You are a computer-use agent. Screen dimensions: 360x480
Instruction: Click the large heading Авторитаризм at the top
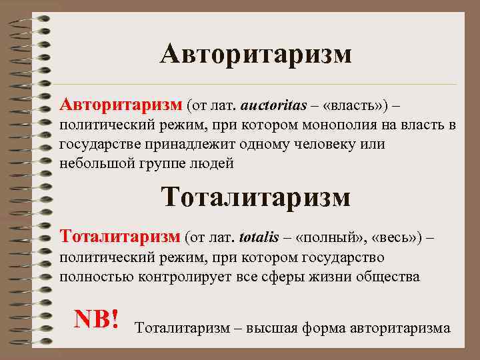point(255,54)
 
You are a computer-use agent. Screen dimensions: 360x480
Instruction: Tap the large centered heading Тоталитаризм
point(255,197)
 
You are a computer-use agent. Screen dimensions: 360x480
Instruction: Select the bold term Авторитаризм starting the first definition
point(120,104)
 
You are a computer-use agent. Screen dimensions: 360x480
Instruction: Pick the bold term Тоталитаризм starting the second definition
point(120,236)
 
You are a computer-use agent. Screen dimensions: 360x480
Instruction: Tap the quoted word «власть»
point(345,105)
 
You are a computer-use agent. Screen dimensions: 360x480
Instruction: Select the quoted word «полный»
point(335,237)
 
